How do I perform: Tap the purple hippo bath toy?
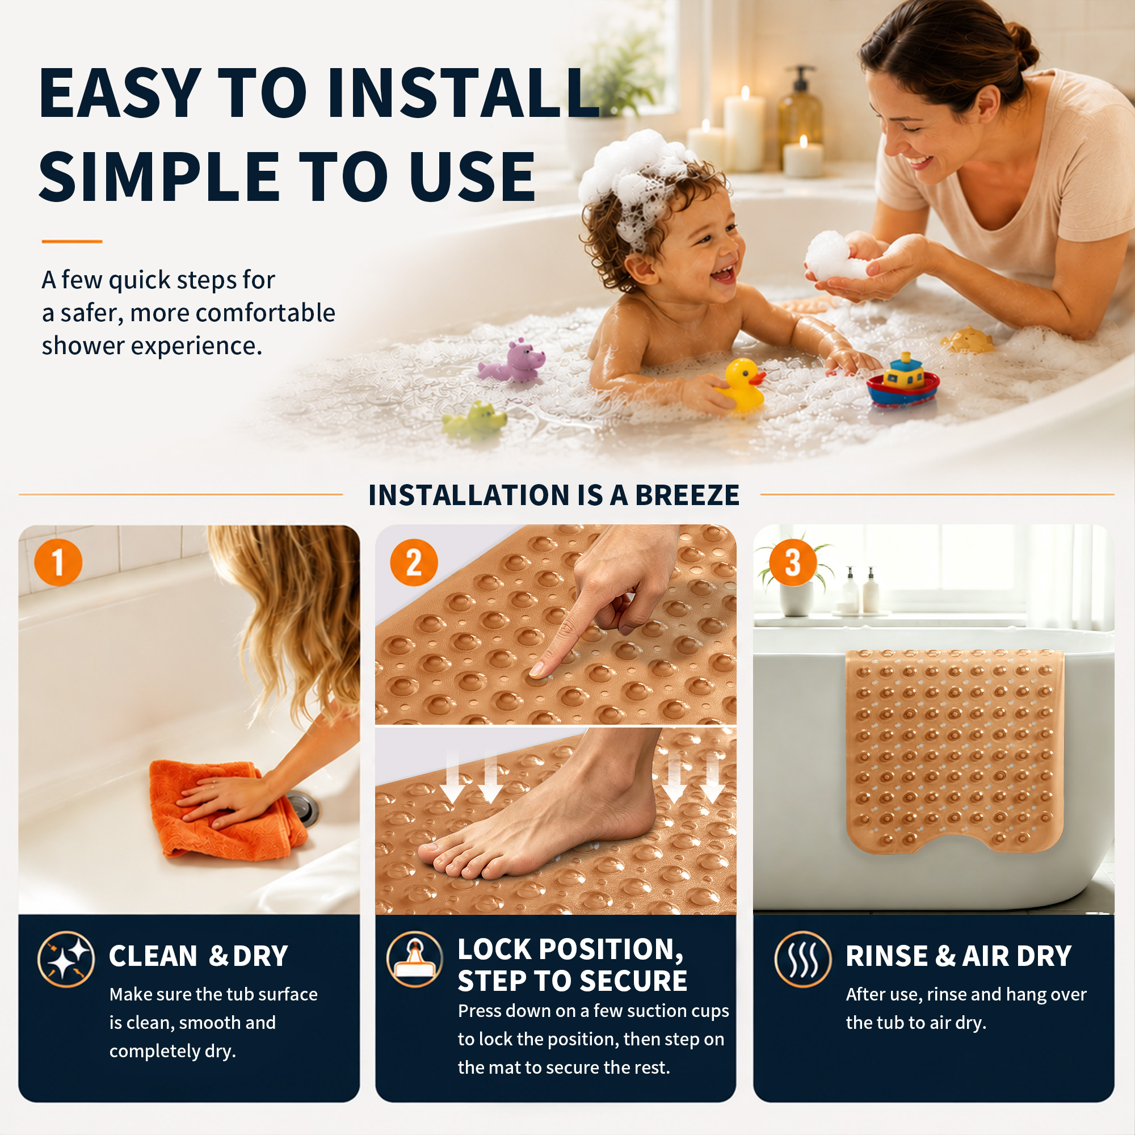point(511,360)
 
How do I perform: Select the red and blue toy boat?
point(903,382)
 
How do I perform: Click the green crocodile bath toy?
point(474,418)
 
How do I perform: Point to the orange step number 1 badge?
point(58,562)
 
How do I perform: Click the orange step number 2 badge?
point(414,562)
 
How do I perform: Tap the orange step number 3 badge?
point(792,562)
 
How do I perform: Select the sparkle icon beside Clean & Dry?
point(66,959)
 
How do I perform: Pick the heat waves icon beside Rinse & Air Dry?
point(802,959)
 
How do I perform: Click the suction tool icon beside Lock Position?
point(415,959)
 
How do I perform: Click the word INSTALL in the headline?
point(464,93)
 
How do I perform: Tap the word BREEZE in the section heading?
point(687,495)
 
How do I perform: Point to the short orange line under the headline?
point(72,241)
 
